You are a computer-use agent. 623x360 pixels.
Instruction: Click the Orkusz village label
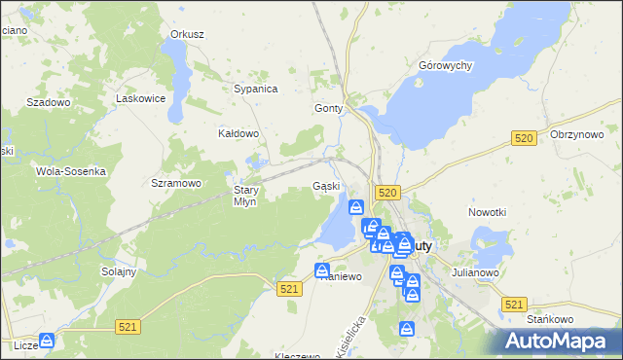point(187,34)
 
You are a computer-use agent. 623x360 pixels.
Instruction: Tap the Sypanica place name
point(256,89)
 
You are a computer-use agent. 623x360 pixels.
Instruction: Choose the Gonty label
point(329,109)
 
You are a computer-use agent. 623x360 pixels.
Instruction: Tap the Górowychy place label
point(445,65)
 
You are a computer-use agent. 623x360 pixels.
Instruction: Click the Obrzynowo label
point(577,134)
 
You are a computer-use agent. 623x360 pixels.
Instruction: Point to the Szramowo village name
point(176,182)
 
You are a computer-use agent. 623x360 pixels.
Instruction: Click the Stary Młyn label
point(244,196)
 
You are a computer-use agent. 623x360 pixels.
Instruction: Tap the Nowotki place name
point(488,212)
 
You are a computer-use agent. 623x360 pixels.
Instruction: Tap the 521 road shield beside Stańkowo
point(515,305)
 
